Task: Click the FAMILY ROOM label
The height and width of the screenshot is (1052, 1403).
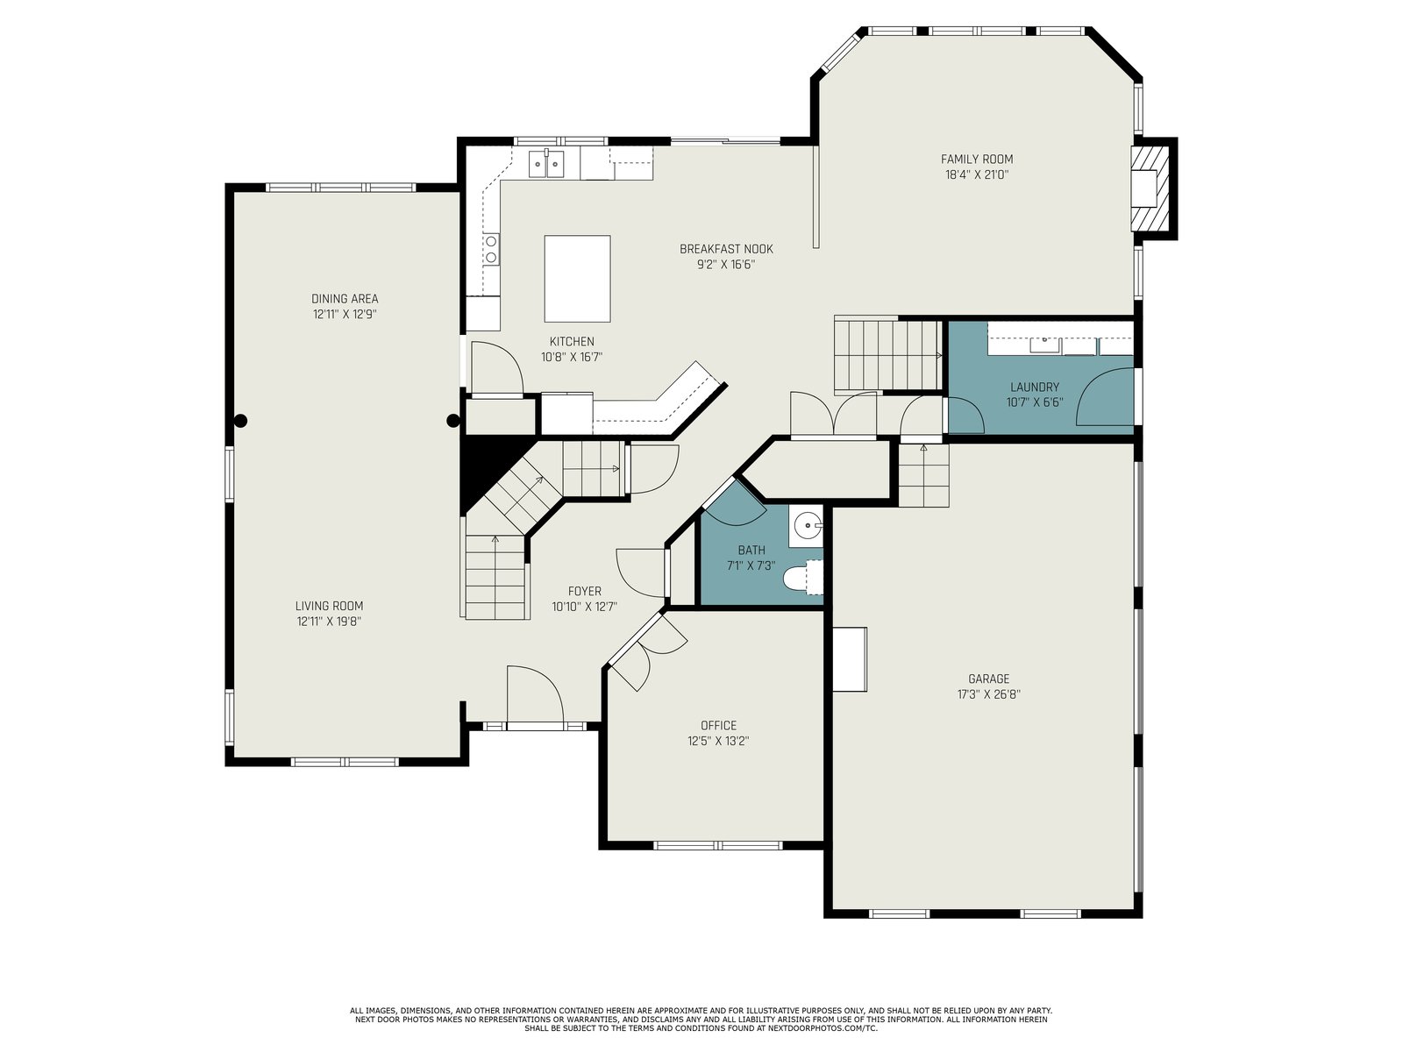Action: (x=976, y=159)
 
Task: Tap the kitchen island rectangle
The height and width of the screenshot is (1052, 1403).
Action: (x=576, y=279)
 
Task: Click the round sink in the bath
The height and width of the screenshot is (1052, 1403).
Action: (x=807, y=526)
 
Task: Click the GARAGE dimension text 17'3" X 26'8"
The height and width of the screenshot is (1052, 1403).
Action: (x=988, y=694)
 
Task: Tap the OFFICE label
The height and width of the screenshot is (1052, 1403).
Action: (x=718, y=726)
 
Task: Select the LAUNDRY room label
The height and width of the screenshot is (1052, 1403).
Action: (x=1034, y=387)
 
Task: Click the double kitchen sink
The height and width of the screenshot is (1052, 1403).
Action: (x=546, y=164)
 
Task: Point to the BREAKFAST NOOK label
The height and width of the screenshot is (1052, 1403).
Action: (x=726, y=249)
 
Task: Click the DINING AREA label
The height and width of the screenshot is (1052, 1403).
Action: (x=345, y=299)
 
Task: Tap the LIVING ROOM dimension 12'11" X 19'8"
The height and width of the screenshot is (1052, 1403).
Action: (x=329, y=622)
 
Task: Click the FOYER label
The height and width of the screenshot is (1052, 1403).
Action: (x=584, y=592)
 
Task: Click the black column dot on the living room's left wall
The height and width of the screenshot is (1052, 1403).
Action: (x=240, y=421)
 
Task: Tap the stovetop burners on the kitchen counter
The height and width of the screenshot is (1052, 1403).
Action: (x=491, y=249)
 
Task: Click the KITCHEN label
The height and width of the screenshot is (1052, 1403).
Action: (x=572, y=342)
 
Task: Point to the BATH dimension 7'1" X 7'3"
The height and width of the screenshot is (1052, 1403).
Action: (x=751, y=566)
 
